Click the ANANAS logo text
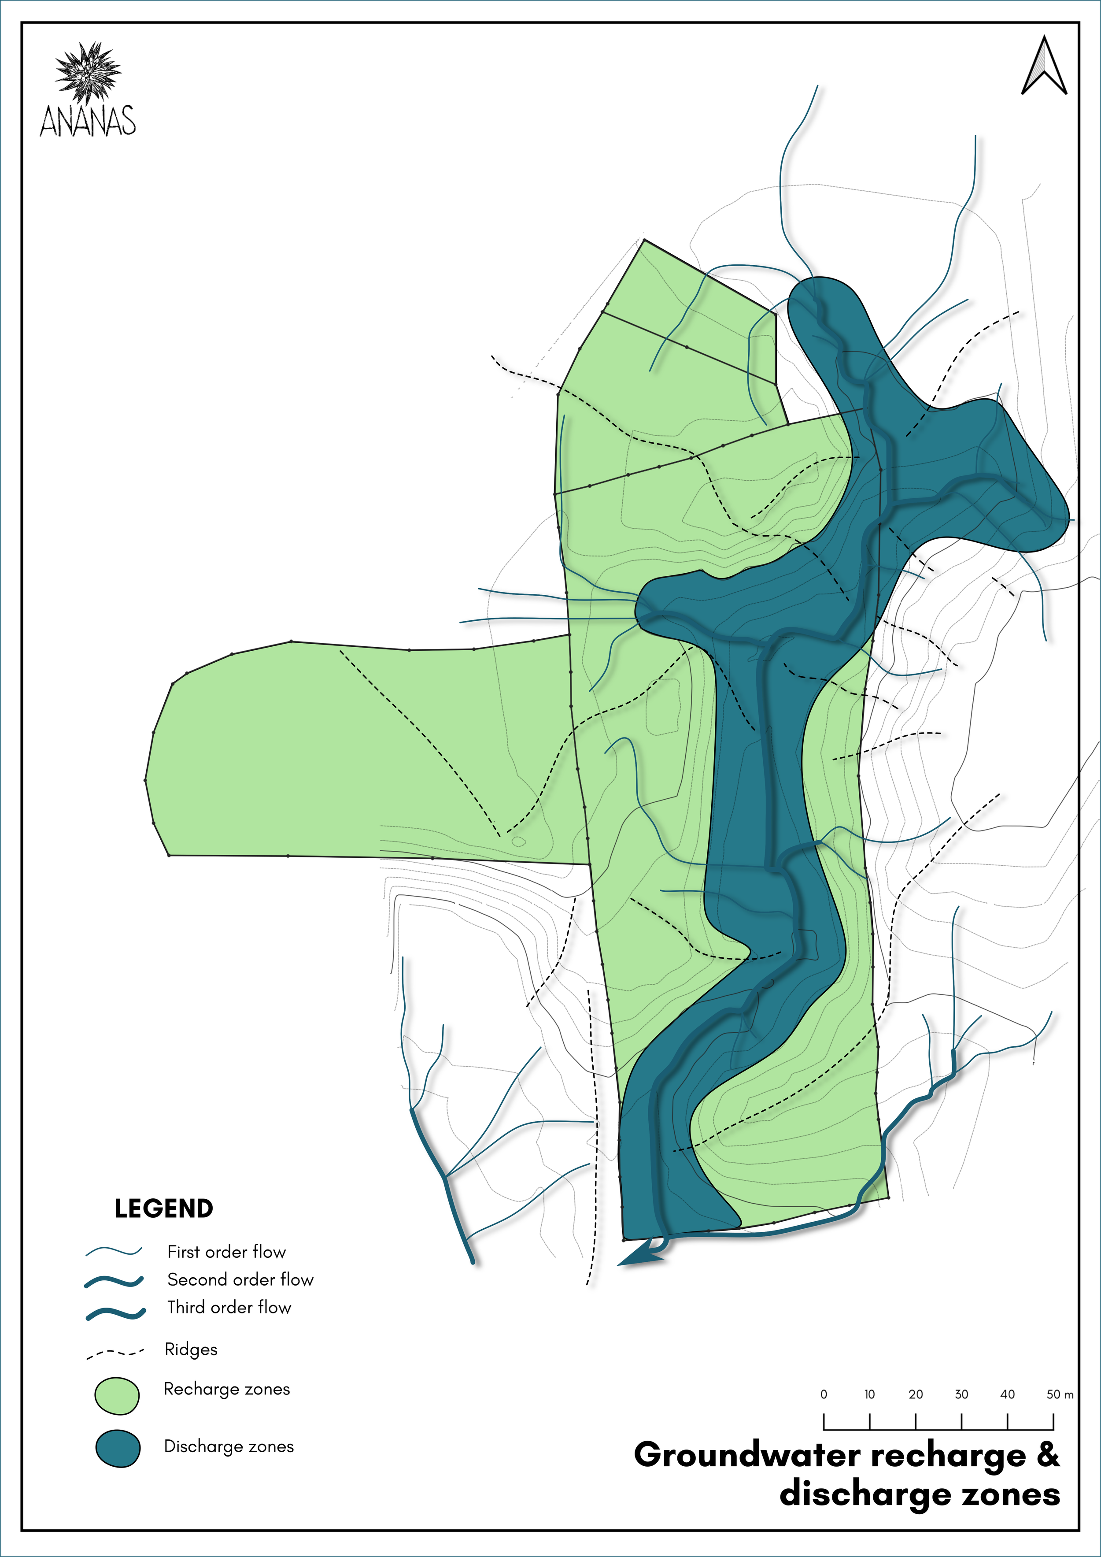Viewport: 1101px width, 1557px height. point(88,122)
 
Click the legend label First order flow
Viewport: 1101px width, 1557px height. point(226,1251)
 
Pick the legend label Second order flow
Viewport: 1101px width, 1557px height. point(240,1279)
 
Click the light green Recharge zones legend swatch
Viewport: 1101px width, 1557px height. point(117,1396)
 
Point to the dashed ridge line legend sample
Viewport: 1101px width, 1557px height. point(115,1353)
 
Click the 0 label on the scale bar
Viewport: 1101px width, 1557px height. point(824,1394)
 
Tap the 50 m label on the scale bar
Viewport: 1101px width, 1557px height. point(1060,1394)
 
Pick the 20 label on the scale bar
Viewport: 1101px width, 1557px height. point(916,1394)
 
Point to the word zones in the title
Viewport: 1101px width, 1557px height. point(1012,1494)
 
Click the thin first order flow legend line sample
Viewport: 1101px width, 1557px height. point(114,1251)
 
